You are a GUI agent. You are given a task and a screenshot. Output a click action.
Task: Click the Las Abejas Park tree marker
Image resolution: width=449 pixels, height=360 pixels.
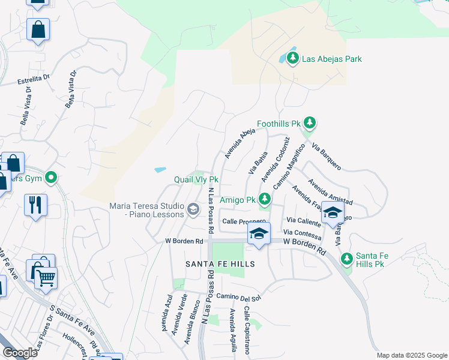293,59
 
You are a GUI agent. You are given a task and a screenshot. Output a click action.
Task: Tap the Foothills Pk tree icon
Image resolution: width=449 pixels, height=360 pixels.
310,124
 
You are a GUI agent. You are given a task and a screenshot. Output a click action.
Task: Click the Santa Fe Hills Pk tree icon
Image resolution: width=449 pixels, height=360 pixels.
346,259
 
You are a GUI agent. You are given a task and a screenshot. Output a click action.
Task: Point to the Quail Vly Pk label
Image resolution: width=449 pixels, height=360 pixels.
194,179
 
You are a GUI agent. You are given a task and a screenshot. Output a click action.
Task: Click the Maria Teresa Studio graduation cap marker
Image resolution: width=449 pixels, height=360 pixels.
193,209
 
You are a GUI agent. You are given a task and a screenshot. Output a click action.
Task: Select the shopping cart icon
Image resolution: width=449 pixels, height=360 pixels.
46,277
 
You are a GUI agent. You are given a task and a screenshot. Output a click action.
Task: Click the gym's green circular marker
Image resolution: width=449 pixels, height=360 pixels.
51,177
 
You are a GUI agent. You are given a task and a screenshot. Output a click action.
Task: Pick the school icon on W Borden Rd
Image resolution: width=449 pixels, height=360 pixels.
258,234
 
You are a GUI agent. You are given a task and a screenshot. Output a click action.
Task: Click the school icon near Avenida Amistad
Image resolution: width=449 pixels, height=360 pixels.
332,212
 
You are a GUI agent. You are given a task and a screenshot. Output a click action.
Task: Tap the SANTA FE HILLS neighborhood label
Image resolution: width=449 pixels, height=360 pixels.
220,264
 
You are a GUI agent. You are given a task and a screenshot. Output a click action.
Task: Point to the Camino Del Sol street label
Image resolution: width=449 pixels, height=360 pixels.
239,298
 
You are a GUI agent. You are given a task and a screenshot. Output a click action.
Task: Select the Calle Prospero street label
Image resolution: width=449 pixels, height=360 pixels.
244,221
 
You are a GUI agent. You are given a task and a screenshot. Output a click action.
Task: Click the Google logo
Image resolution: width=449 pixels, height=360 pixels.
20,353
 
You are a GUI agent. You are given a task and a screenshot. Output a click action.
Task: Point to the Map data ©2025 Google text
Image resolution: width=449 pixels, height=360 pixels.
411,355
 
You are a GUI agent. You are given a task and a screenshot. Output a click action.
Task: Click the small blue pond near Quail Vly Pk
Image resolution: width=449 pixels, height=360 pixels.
160,170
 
